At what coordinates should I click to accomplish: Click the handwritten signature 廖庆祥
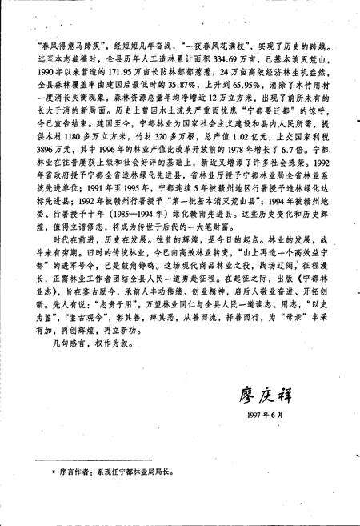[x=270, y=393]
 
